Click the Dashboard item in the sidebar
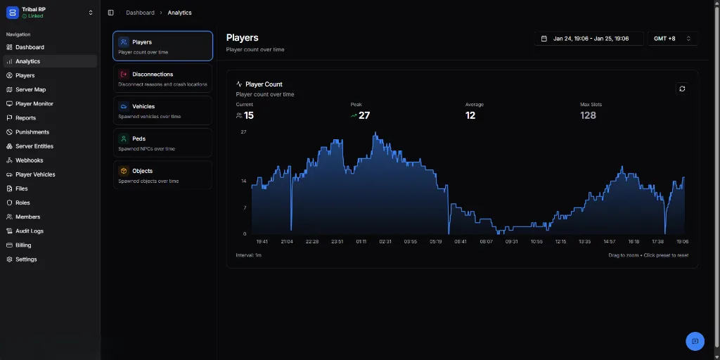click(30, 47)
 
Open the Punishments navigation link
click(32, 132)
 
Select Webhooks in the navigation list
click(30, 160)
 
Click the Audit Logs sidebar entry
click(30, 231)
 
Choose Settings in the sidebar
click(26, 259)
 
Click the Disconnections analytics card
click(162, 78)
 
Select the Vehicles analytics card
click(162, 110)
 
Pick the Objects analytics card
click(162, 175)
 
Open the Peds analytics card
click(162, 143)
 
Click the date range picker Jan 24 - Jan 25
click(589, 39)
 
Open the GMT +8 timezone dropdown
click(672, 39)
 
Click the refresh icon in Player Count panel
click(682, 89)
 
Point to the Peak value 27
click(364, 115)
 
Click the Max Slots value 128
click(588, 115)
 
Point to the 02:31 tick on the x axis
click(385, 241)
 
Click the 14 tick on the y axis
click(244, 181)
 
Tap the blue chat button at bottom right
click(695, 341)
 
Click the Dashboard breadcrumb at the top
click(140, 13)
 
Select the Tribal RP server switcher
click(49, 12)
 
